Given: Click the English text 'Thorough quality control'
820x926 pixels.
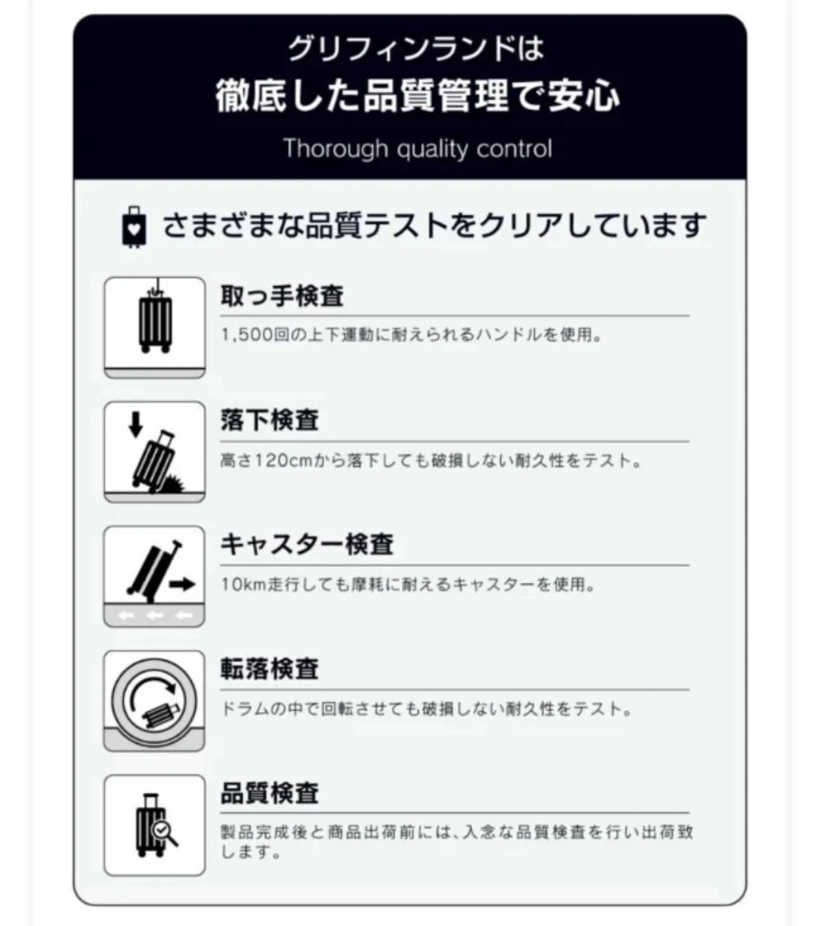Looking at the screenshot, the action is (418, 149).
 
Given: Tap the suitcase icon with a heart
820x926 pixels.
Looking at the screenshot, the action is (134, 227).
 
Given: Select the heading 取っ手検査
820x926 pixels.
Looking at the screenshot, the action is (282, 296).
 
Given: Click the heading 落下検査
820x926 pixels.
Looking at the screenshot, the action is (270, 420).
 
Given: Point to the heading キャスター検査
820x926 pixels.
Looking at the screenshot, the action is (307, 544).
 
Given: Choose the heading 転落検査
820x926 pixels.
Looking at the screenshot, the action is (270, 669).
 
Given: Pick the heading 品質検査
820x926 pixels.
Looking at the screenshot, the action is (270, 793).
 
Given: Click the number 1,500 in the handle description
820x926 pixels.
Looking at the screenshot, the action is (247, 335).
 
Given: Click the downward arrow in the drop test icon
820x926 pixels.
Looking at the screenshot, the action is (135, 424).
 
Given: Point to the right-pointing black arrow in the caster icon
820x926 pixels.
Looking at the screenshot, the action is (182, 584).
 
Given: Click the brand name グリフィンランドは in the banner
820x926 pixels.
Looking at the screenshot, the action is (416, 49).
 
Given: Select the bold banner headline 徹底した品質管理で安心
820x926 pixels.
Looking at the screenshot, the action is (418, 96).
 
